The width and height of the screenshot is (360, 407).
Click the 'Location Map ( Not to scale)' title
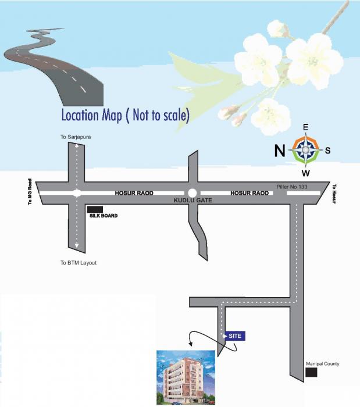126,115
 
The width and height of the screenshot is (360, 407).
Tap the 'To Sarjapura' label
76,137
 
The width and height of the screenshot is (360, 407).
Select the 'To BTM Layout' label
79,263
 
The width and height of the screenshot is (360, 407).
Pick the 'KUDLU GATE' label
194,200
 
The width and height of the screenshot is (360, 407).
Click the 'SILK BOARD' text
104,216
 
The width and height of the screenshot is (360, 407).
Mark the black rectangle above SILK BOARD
95,209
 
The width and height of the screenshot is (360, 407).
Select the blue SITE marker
234,336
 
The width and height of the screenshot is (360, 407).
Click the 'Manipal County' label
322,364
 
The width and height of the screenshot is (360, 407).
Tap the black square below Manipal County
312,372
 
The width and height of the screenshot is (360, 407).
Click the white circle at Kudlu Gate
193,193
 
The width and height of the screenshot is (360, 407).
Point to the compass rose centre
305,150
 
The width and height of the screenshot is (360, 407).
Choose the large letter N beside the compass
280,151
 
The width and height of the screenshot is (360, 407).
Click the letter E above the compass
305,127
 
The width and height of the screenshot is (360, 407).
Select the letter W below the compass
305,173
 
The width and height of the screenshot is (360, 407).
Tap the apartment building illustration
187,378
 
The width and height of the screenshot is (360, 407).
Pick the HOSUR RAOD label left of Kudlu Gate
134,193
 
